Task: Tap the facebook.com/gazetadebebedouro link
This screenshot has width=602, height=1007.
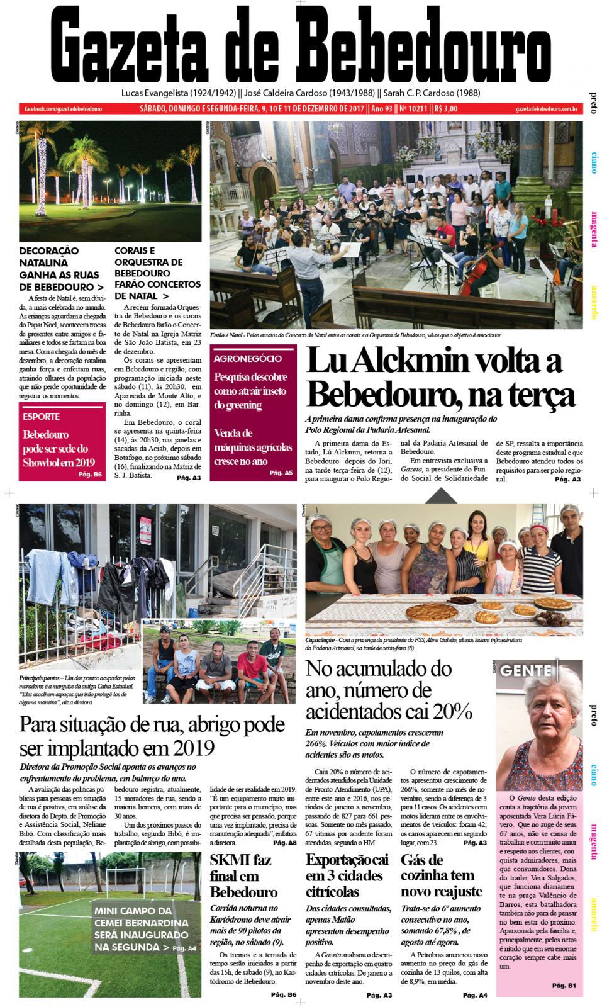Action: tap(63, 109)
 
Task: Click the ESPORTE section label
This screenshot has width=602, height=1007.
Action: tap(42, 416)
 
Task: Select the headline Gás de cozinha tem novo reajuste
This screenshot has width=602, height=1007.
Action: tap(441, 875)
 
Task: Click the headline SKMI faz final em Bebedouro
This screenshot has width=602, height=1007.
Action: tap(243, 875)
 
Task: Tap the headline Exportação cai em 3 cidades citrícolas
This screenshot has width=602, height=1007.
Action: tap(346, 875)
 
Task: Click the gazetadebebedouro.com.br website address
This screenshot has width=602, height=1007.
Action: tap(546, 109)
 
